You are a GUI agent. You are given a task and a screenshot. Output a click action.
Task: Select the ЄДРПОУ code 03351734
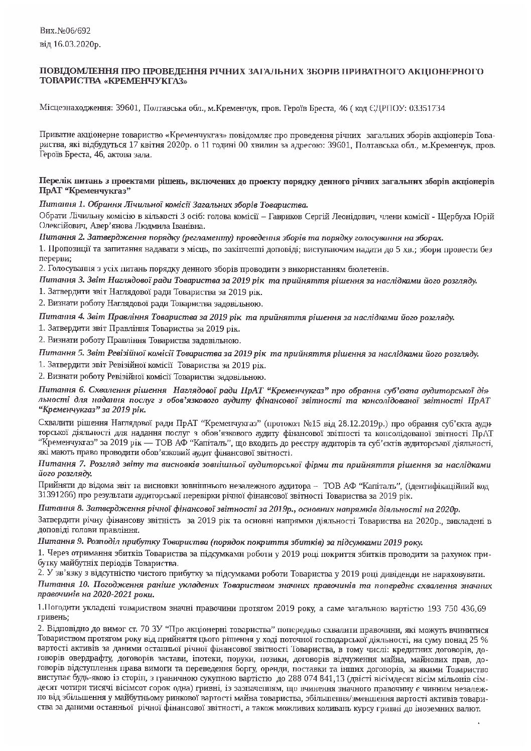[430, 108]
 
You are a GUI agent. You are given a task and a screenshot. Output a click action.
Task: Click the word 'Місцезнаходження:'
[73, 108]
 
